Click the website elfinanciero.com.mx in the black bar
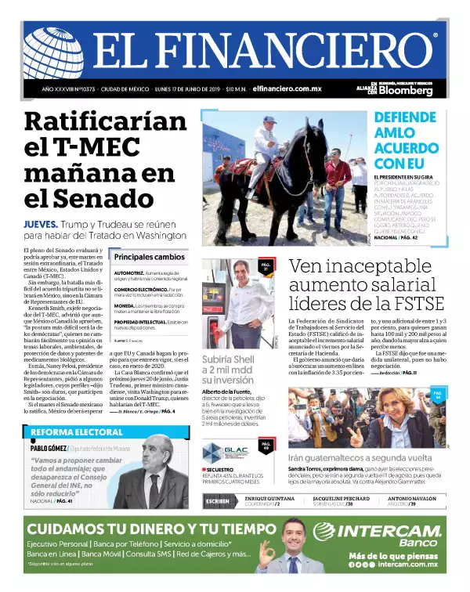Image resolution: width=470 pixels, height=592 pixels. (x=287, y=89)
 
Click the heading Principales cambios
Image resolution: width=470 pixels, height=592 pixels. (x=149, y=256)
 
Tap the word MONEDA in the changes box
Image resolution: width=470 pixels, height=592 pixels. (x=125, y=305)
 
